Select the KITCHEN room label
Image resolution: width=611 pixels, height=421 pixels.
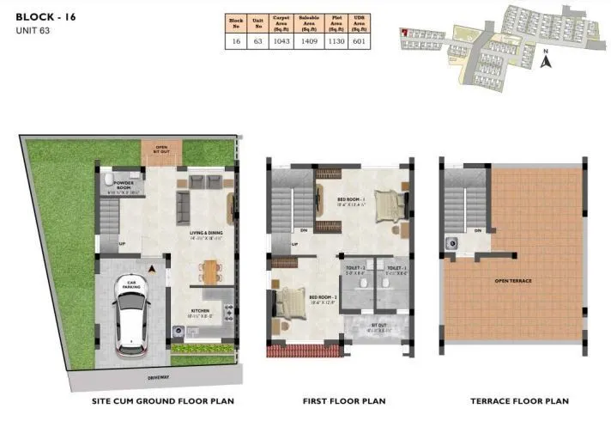[x=202, y=311]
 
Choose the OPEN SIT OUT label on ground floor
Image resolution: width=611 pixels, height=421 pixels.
[x=160, y=149]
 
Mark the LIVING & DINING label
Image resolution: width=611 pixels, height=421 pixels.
[x=206, y=233]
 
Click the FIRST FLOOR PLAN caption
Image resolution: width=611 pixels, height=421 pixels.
[x=343, y=400]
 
